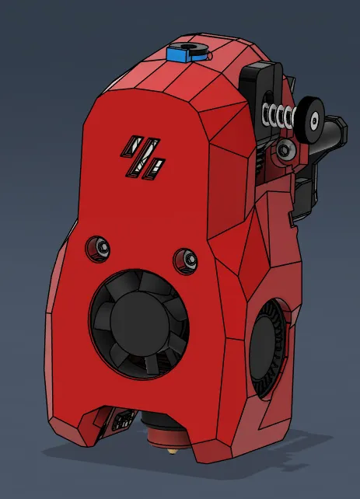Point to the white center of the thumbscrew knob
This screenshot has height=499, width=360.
click(x=315, y=120)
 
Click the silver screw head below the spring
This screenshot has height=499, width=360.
click(x=286, y=150)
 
